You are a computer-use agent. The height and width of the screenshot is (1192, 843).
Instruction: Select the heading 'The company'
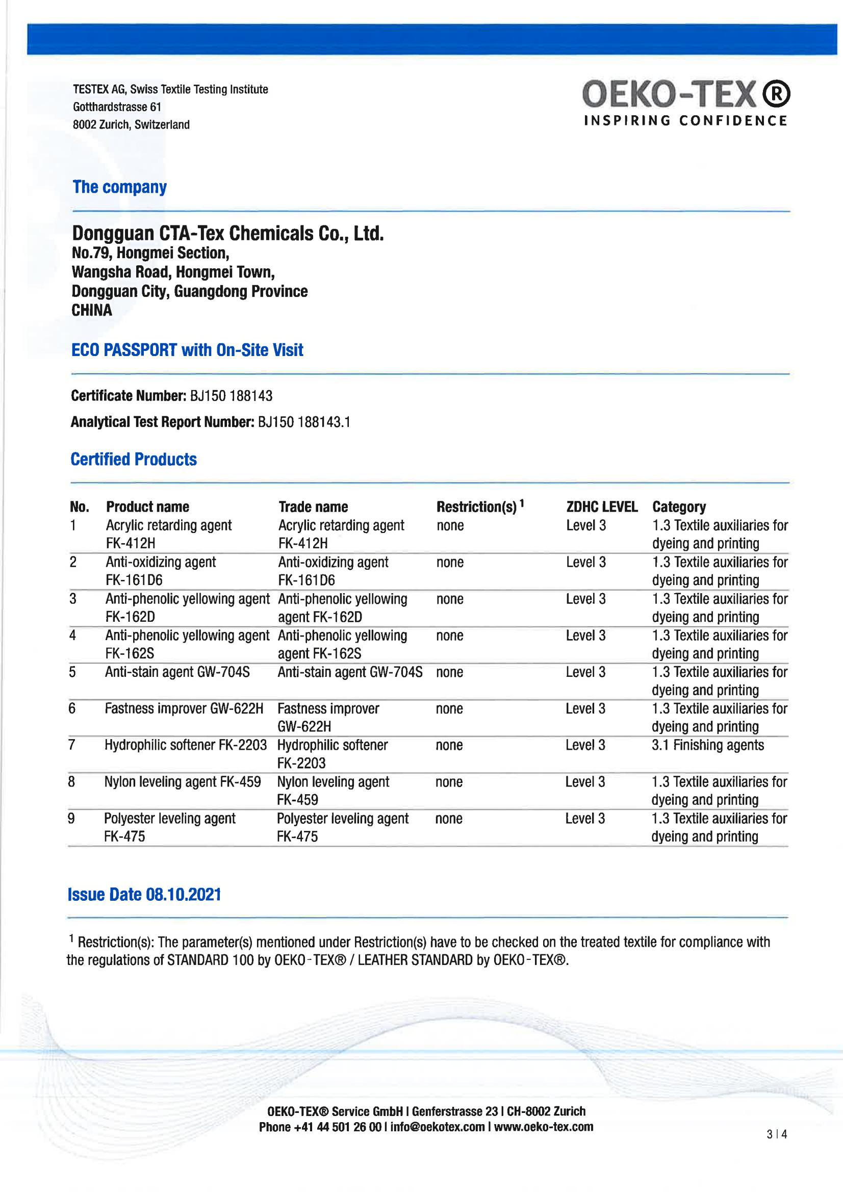[x=119, y=187]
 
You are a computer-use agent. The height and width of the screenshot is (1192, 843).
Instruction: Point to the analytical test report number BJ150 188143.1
[x=303, y=422]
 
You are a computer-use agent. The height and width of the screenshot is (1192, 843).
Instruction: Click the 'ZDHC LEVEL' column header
[x=602, y=506]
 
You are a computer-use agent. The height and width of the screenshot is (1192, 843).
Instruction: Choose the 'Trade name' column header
[x=313, y=506]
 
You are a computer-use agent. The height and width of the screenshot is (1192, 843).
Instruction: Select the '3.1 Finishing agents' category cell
[x=708, y=746]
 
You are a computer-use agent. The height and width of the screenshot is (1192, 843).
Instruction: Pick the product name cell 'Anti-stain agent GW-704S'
[x=177, y=672]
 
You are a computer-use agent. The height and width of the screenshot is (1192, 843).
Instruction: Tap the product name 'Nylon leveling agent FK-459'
[x=182, y=782]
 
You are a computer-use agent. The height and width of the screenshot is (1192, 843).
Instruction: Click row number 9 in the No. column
[x=71, y=819]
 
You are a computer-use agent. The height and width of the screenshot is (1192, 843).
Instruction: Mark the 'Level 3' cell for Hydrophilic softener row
[x=585, y=746]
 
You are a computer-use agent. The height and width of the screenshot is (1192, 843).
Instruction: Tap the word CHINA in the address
[x=92, y=311]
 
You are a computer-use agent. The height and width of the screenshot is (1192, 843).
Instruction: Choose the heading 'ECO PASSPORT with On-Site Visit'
[x=187, y=350]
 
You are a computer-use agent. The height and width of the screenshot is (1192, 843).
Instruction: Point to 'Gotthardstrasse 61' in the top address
[x=117, y=107]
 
